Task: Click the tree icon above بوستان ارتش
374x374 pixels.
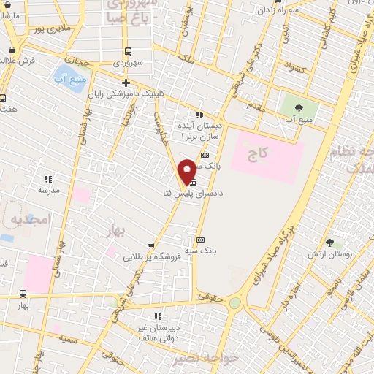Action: point(329,243)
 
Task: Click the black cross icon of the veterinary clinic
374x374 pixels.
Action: point(126,83)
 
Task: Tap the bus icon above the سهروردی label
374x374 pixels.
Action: point(129,51)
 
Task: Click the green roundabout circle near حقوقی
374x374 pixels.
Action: point(235,303)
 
